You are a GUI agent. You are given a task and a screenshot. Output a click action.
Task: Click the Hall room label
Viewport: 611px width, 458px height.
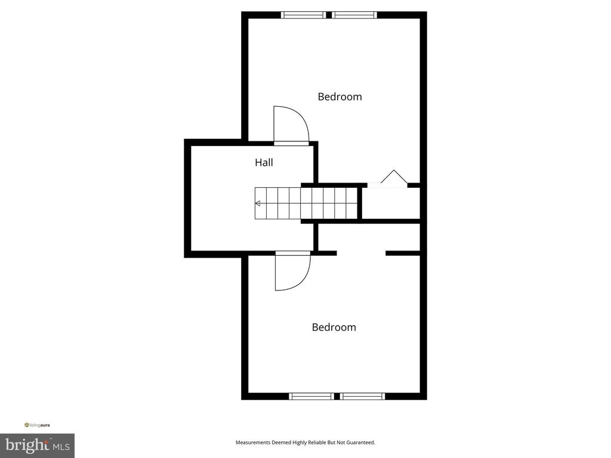coord(264,162)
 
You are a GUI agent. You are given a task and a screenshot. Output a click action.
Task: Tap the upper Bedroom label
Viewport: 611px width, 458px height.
coord(340,97)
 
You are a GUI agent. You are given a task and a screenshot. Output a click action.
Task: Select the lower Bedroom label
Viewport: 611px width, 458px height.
coord(334,327)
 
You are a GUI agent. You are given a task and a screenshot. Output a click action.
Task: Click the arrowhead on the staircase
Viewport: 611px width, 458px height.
coord(258,203)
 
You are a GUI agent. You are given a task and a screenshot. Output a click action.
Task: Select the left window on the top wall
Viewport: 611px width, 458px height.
coord(304,15)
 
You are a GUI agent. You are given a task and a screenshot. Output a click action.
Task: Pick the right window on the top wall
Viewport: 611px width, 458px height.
coord(354,15)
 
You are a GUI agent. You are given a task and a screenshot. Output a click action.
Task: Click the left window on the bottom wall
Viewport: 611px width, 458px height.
coord(311,397)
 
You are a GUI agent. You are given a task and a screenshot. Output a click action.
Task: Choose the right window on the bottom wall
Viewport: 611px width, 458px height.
coord(362,397)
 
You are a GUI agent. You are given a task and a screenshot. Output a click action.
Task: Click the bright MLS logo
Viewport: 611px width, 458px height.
coord(38,445)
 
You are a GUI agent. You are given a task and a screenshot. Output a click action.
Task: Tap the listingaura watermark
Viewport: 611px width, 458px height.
coord(37,425)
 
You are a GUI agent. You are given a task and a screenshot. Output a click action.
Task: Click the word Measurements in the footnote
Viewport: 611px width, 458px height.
coord(253,442)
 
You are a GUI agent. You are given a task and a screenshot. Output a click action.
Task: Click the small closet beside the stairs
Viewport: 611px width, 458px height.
coord(391,203)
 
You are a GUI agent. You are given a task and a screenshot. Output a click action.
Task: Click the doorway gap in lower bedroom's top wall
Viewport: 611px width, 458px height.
coord(361,253)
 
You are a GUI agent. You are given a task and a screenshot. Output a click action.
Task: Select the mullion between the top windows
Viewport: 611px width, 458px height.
coord(329,15)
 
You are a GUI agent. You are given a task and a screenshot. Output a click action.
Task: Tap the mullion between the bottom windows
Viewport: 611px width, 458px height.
coord(337,397)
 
